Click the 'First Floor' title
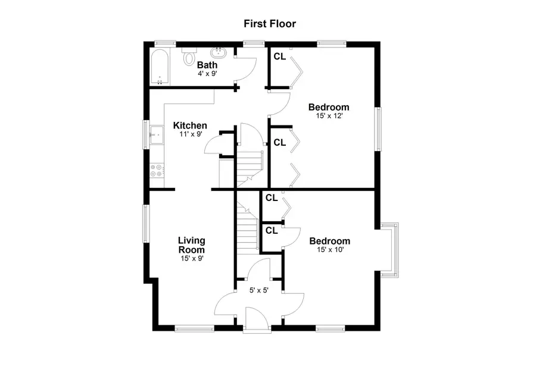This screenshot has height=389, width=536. click(x=269, y=24)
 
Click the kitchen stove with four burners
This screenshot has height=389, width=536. click(x=157, y=171)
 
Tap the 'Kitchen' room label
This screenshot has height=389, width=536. click(x=190, y=126)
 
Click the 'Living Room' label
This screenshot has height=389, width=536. click(x=192, y=245)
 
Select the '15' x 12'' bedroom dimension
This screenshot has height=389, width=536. click(x=328, y=117)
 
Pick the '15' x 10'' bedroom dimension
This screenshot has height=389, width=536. click(x=329, y=250)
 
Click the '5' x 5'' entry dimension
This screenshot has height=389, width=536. click(x=259, y=291)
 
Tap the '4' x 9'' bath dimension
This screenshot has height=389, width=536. click(x=207, y=74)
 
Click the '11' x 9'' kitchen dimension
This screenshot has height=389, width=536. click(x=190, y=134)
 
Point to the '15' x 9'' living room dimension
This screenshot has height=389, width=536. click(x=192, y=259)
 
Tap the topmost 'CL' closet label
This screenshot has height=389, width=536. click(x=279, y=57)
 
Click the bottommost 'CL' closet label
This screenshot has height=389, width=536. click(x=271, y=230)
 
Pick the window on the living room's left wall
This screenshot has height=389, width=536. click(x=145, y=224)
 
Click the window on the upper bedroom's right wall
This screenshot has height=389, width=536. click(x=377, y=128)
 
